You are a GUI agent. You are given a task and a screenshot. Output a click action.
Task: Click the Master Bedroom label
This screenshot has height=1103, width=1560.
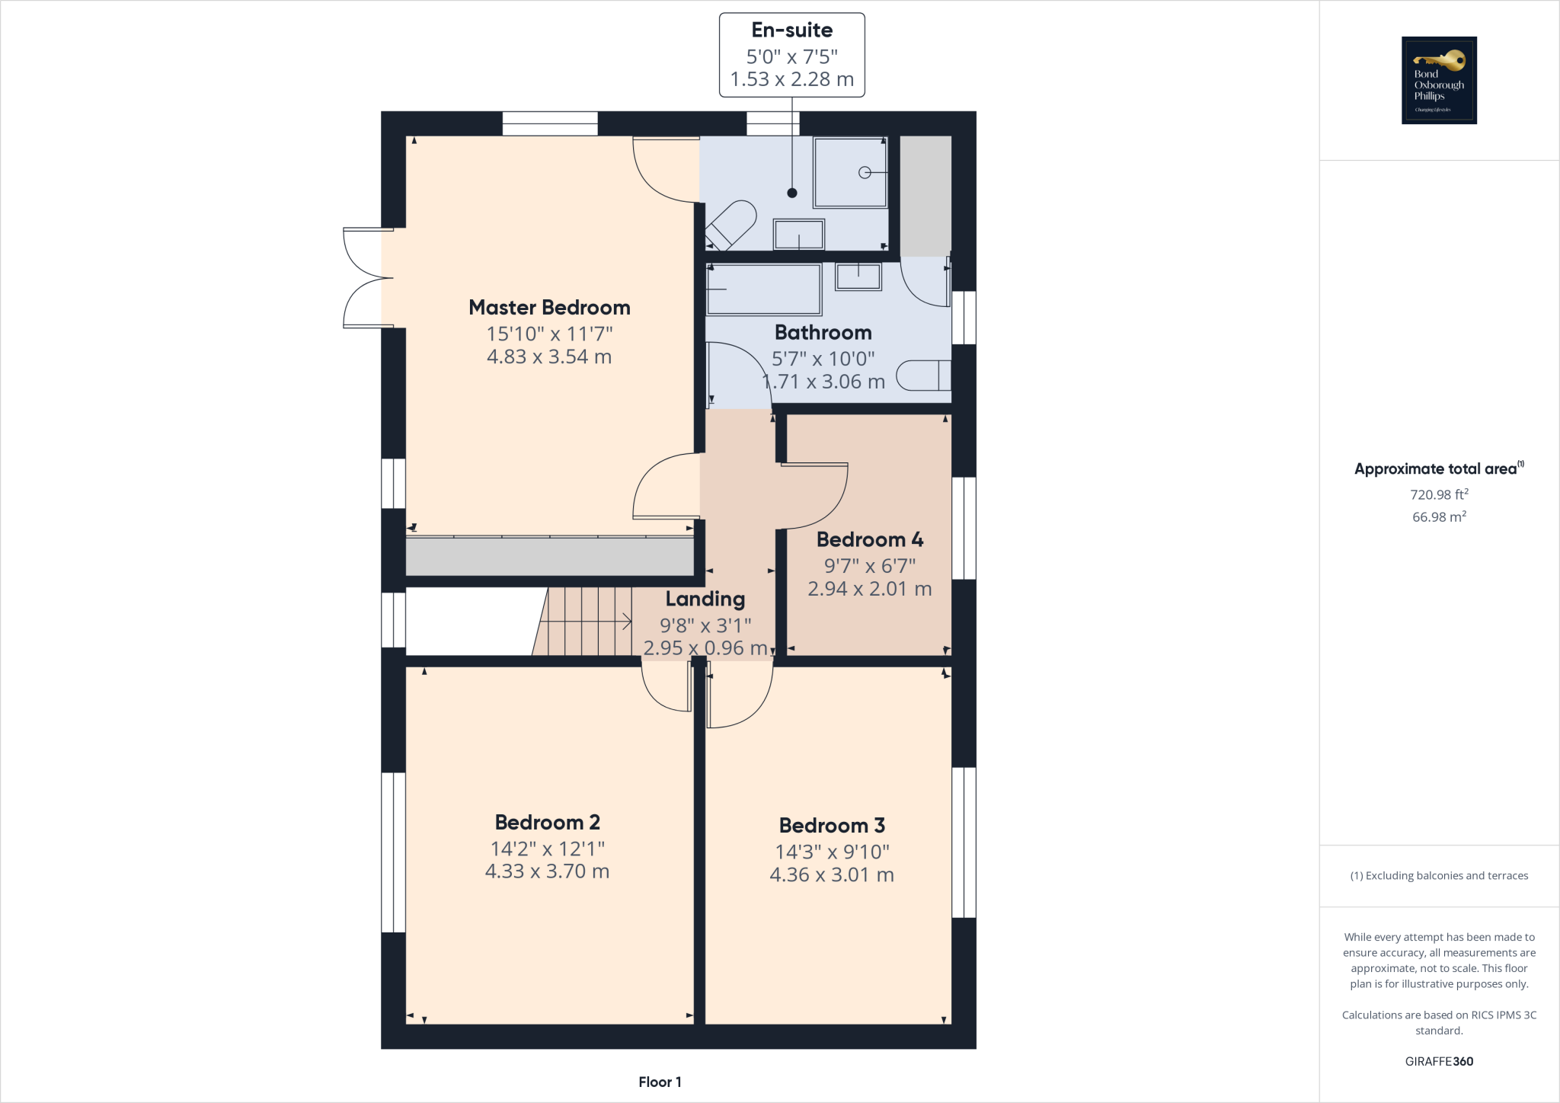pyautogui.click(x=549, y=308)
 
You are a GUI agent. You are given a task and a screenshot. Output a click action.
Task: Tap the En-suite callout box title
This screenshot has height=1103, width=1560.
pyautogui.click(x=791, y=30)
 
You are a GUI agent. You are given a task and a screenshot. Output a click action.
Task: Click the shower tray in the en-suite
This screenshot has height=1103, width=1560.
pyautogui.click(x=849, y=172)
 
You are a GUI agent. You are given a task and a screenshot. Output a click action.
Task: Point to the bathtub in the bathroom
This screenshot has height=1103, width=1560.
pyautogui.click(x=763, y=289)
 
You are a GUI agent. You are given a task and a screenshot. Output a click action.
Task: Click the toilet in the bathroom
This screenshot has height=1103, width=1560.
pyautogui.click(x=923, y=376)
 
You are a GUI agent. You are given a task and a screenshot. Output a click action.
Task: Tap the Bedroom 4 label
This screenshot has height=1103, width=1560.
pyautogui.click(x=869, y=540)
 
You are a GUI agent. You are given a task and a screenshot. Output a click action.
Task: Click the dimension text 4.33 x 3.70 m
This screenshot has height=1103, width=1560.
pyautogui.click(x=547, y=871)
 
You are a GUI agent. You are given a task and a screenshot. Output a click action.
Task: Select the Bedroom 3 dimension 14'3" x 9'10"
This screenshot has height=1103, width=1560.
pyautogui.click(x=832, y=852)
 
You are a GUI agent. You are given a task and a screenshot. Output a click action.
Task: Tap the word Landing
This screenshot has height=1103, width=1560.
pyautogui.click(x=705, y=599)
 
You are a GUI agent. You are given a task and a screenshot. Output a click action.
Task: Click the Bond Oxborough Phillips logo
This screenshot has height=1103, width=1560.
pyautogui.click(x=1439, y=80)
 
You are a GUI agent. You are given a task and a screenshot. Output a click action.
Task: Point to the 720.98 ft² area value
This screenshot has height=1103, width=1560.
pyautogui.click(x=1439, y=494)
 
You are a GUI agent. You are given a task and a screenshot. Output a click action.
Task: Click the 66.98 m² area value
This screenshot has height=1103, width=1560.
pyautogui.click(x=1439, y=517)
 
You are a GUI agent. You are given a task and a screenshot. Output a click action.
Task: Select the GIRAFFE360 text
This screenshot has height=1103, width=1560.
pyautogui.click(x=1439, y=1061)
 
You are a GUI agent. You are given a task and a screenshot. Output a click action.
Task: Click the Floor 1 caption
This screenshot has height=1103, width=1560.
pyautogui.click(x=660, y=1082)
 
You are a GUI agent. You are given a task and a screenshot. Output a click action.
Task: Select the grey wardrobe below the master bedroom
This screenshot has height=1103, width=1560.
pyautogui.click(x=549, y=556)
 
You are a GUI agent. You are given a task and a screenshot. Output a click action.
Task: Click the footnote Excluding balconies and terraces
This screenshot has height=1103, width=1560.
pyautogui.click(x=1439, y=876)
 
